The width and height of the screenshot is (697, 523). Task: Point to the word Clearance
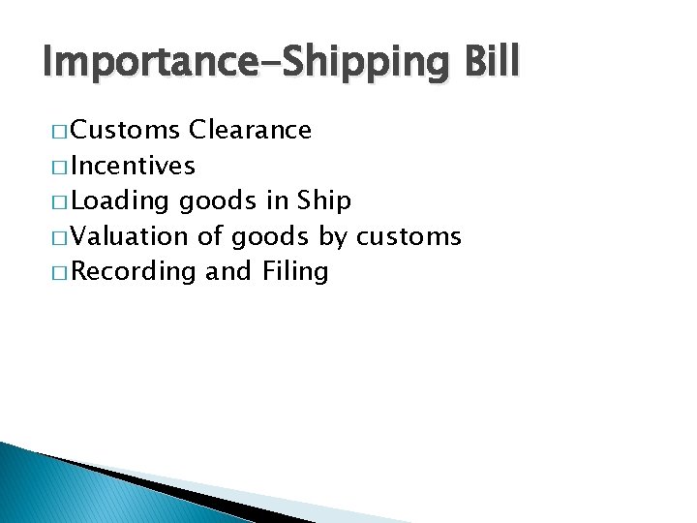pyautogui.click(x=251, y=130)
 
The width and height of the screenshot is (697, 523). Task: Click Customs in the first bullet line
pyautogui.click(x=126, y=130)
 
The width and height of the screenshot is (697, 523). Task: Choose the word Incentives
pyautogui.click(x=134, y=166)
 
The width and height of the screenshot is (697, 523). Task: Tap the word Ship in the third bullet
pyautogui.click(x=323, y=200)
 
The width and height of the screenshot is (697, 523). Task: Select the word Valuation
pyautogui.click(x=131, y=236)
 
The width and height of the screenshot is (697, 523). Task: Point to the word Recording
pyautogui.click(x=134, y=271)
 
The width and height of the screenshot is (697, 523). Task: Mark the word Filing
pyautogui.click(x=295, y=271)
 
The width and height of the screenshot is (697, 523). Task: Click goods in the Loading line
pyautogui.click(x=220, y=201)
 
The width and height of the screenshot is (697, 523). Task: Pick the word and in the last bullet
pyautogui.click(x=228, y=271)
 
